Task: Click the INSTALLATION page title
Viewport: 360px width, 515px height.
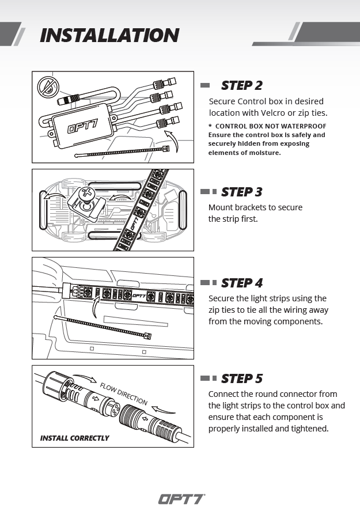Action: tap(109, 35)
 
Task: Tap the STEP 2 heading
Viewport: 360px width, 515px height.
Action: tap(241, 85)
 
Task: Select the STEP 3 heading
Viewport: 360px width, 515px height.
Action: tap(241, 192)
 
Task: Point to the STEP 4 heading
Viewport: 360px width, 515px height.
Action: tap(241, 283)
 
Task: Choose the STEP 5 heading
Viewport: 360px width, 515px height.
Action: tap(241, 378)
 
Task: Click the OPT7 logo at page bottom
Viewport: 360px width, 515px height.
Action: tap(181, 499)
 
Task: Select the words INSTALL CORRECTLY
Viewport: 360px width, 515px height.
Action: tap(74, 438)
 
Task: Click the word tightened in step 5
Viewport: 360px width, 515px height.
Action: tap(308, 429)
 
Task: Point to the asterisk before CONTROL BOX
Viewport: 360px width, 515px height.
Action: tap(210, 126)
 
